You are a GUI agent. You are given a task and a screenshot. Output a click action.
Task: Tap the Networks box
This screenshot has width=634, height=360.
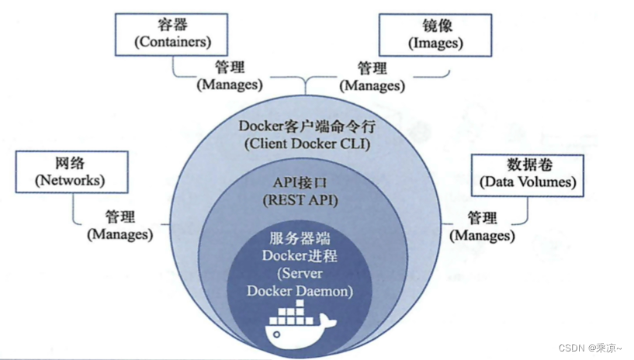[x=70, y=172]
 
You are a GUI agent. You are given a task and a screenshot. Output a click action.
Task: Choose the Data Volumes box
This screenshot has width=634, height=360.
[x=528, y=174]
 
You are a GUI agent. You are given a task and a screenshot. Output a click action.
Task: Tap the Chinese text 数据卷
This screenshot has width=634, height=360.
[x=528, y=164]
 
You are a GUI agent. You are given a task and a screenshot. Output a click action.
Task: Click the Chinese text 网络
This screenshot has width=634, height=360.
[x=70, y=164]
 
